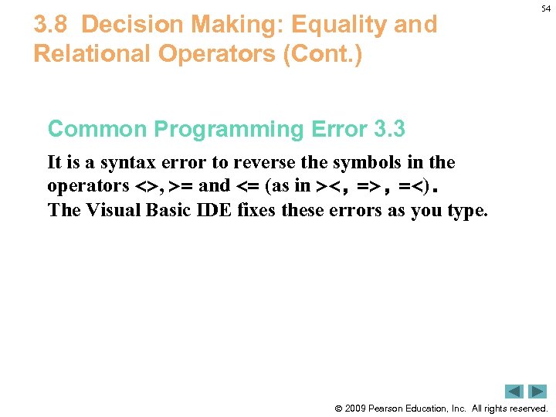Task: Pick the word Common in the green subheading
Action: pyautogui.click(x=91, y=129)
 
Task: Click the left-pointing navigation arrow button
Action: pyautogui.click(x=514, y=392)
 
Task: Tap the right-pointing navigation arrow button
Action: pyautogui.click(x=537, y=392)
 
